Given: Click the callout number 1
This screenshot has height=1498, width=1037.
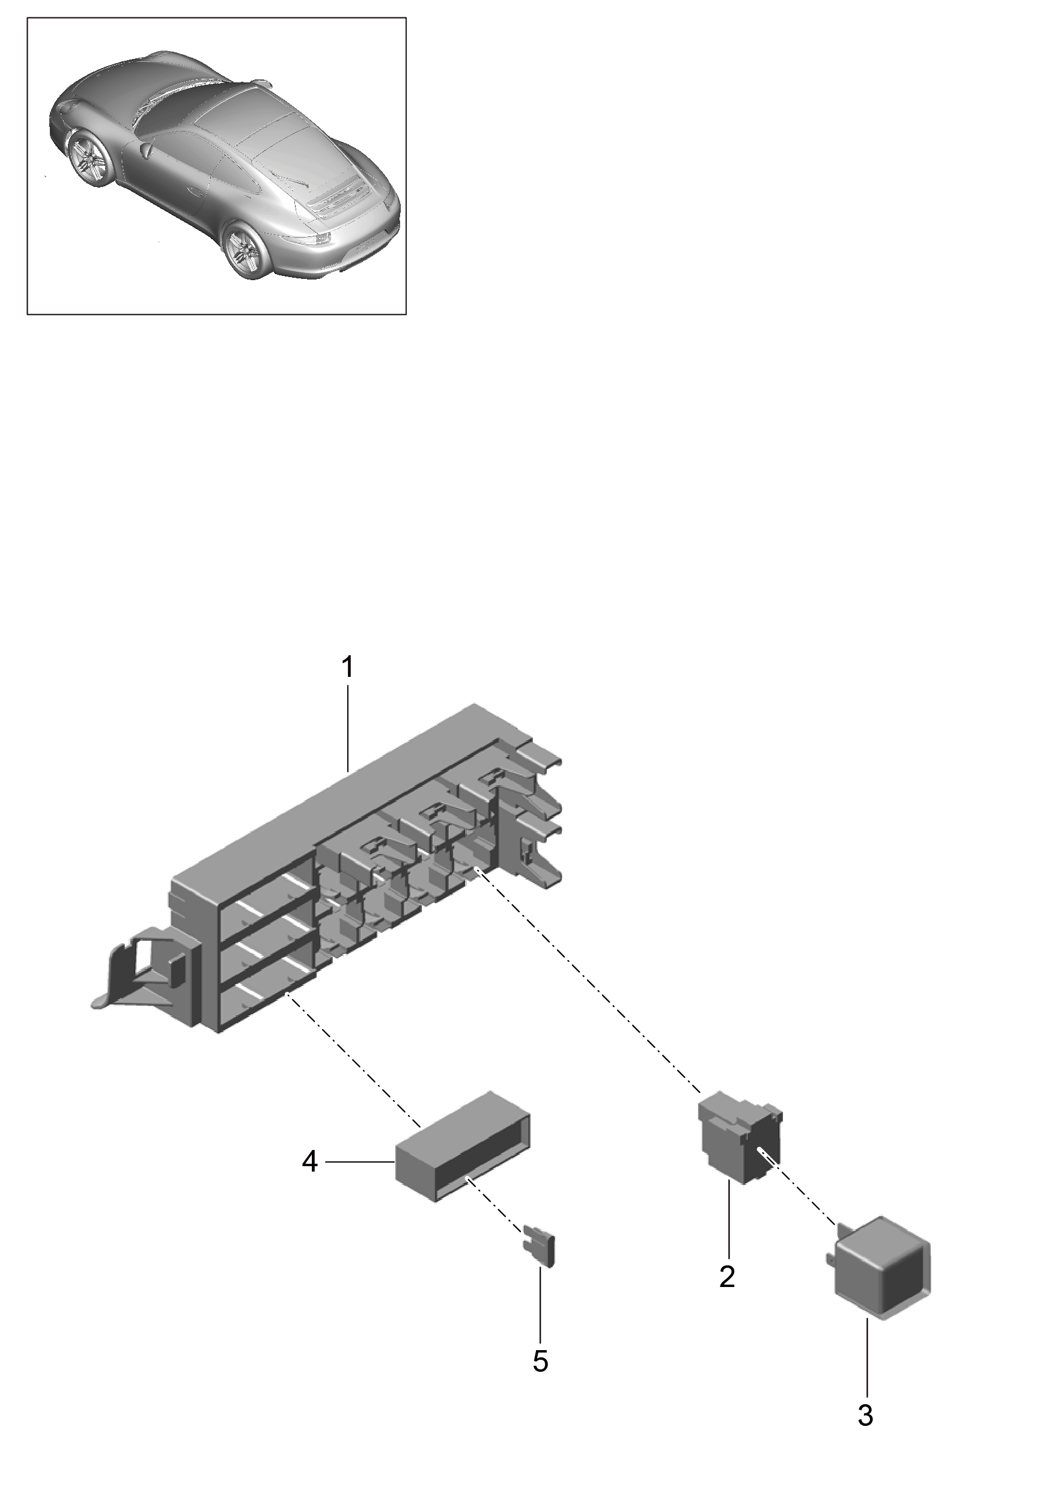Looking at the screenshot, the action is [x=348, y=668].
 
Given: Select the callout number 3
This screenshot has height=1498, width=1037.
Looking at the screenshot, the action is [x=865, y=1416].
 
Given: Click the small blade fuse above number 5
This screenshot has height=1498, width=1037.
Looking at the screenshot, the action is [x=541, y=1247].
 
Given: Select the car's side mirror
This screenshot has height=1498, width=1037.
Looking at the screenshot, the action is [x=145, y=150].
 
